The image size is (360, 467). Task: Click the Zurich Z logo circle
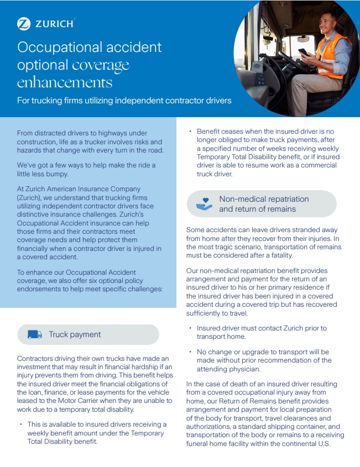(x=24, y=23)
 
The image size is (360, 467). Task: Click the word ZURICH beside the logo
(x=55, y=24)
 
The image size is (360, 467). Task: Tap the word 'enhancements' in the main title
(x=65, y=82)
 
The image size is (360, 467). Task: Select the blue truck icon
(x=35, y=334)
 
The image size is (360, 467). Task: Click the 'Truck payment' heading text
(x=75, y=334)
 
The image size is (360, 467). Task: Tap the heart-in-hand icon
(x=204, y=204)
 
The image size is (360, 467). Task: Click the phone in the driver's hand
(x=303, y=53)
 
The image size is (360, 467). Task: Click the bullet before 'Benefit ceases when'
(x=190, y=132)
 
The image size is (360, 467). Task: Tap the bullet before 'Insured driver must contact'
(x=190, y=328)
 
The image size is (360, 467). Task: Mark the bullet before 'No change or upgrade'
(x=190, y=351)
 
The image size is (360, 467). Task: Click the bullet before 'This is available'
(x=21, y=424)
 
